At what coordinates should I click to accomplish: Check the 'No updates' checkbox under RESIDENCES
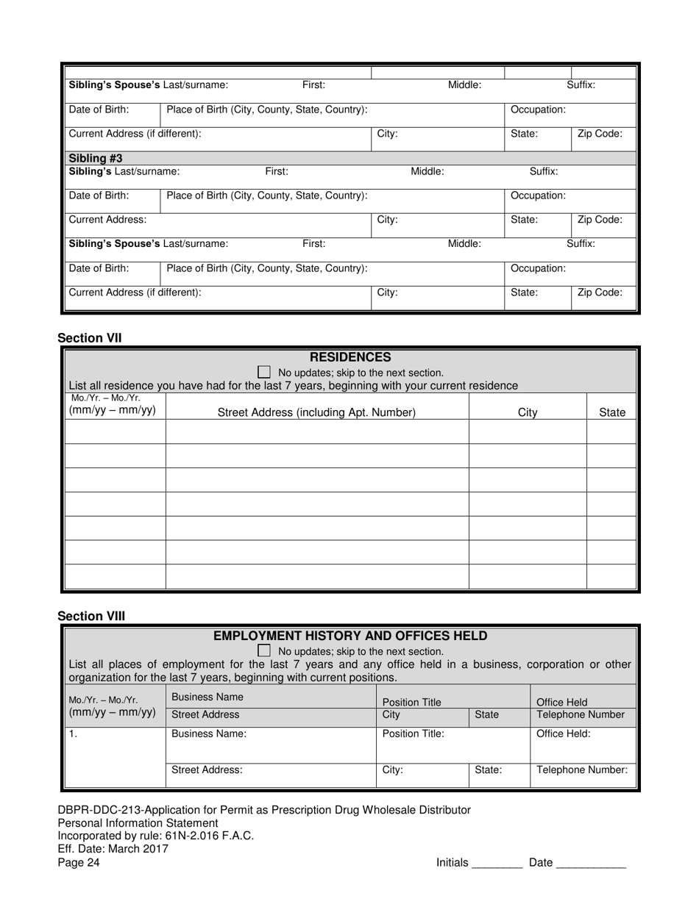264,373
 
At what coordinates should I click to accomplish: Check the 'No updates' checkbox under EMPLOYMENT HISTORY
264,651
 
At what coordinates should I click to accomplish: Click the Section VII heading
90,338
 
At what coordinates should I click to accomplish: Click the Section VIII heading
91,616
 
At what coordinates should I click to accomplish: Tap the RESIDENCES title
350,358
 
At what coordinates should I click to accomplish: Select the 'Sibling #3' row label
96,158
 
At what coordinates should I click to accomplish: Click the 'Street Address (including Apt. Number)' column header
316,412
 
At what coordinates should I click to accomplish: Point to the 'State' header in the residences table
612,412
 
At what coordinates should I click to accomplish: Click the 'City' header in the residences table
528,412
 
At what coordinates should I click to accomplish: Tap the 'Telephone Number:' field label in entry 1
582,770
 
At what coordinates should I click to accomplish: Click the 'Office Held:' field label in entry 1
563,733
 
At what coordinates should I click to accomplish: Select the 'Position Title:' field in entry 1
412,733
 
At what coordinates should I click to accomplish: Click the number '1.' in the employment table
73,733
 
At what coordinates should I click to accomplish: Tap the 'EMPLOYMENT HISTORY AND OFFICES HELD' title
350,636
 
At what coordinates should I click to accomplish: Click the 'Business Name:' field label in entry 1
209,733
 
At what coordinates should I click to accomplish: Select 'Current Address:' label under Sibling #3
107,220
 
